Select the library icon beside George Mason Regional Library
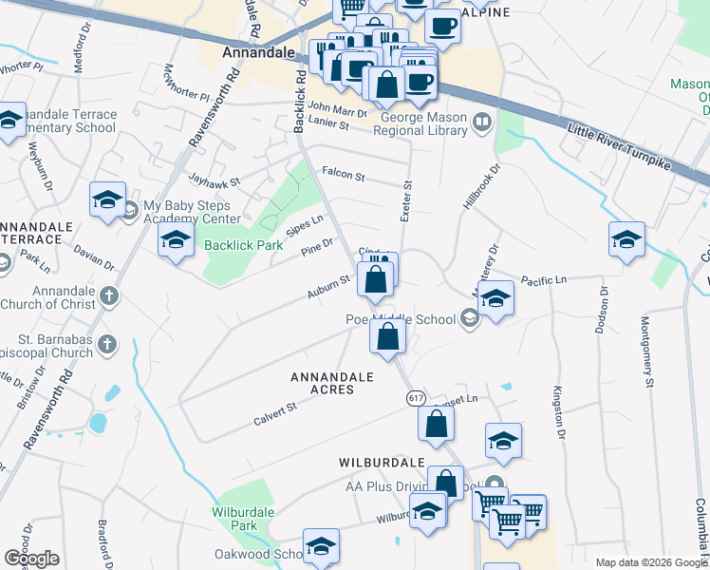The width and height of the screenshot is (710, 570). (x=482, y=121)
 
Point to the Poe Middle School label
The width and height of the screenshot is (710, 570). (x=400, y=319)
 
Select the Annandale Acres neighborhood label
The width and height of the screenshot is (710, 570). (x=331, y=383)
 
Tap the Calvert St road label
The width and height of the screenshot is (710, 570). (x=274, y=412)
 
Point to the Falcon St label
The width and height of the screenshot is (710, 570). (x=344, y=174)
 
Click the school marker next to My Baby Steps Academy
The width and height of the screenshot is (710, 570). (x=107, y=199)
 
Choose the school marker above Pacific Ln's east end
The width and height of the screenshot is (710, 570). (x=626, y=238)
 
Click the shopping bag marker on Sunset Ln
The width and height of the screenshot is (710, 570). (x=436, y=424)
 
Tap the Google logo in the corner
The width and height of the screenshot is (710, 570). (x=32, y=559)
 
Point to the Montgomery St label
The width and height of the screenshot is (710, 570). (x=648, y=351)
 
